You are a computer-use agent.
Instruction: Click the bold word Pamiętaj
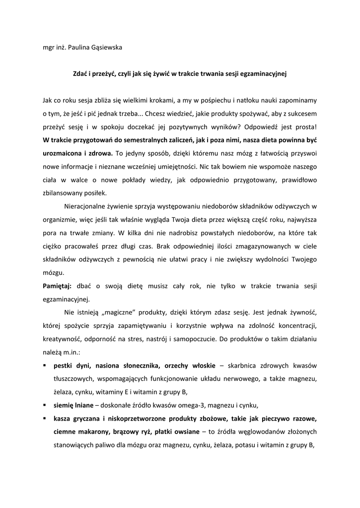(x=57, y=286)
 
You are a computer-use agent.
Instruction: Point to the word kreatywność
(x=62, y=339)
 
